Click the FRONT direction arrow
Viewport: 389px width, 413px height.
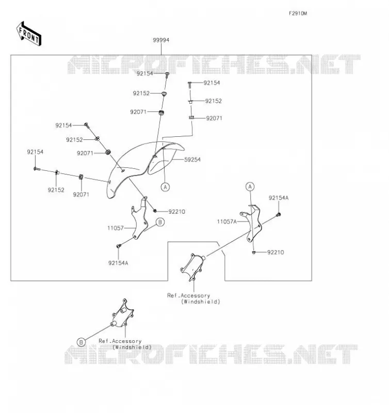(29, 34)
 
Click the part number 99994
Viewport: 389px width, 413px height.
(161, 40)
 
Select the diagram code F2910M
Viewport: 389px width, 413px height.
(298, 13)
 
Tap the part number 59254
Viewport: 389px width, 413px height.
(192, 160)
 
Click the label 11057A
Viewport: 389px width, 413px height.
(226, 221)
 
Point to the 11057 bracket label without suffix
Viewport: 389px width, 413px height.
(115, 228)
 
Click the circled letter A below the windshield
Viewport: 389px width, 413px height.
(165, 187)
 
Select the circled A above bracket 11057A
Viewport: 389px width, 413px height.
(250, 187)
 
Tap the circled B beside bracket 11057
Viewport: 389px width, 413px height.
(160, 222)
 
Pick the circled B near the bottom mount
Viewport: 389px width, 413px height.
(82, 342)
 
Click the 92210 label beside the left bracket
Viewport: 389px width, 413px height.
(177, 212)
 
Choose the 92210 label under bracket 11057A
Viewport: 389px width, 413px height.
(275, 252)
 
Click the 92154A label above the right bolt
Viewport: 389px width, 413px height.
(279, 198)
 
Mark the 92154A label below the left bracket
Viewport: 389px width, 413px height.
(118, 263)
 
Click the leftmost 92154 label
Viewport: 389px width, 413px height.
(35, 152)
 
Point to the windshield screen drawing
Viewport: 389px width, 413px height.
(145, 169)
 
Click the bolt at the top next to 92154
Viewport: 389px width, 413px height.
(167, 75)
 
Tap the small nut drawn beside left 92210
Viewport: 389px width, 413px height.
(155, 211)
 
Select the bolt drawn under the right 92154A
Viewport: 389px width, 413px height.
(278, 215)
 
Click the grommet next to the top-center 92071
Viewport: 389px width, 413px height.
(161, 113)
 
